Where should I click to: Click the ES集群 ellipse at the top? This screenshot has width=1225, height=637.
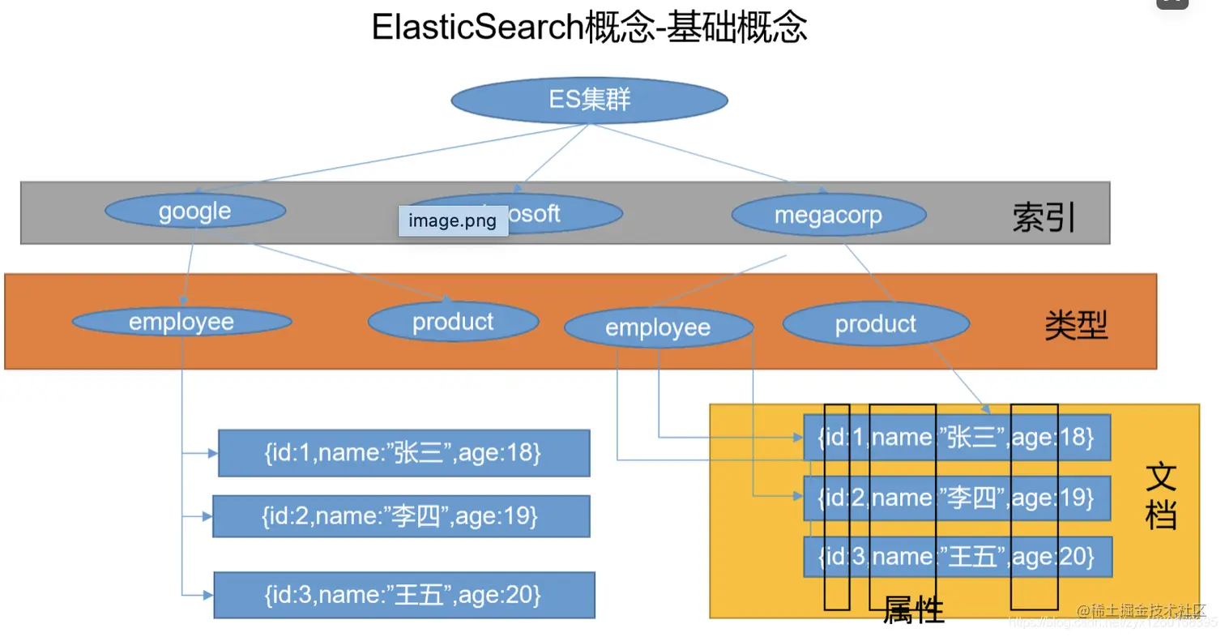[589, 100]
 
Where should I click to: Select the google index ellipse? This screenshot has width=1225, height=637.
[195, 212]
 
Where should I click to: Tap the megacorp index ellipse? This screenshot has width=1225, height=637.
[828, 216]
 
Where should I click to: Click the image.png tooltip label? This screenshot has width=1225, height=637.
[453, 220]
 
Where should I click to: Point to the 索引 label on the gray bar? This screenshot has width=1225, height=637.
[1044, 216]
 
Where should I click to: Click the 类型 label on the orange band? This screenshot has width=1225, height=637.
[1075, 326]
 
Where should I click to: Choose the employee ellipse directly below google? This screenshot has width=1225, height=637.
[181, 322]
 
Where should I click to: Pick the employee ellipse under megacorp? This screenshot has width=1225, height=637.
[658, 327]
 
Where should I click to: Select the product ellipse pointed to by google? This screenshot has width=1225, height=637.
[453, 322]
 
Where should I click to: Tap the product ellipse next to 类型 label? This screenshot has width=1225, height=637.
[875, 324]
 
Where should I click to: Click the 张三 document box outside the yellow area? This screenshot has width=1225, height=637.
[403, 453]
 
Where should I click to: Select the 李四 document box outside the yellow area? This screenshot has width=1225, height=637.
[400, 515]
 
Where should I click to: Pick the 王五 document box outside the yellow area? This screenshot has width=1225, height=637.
[403, 596]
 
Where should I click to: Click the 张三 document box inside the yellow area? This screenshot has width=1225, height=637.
[956, 438]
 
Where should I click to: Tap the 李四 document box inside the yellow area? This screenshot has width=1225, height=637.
[956, 498]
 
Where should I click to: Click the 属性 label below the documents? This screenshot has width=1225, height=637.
[913, 609]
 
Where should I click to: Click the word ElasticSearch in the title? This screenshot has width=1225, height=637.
[477, 28]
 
